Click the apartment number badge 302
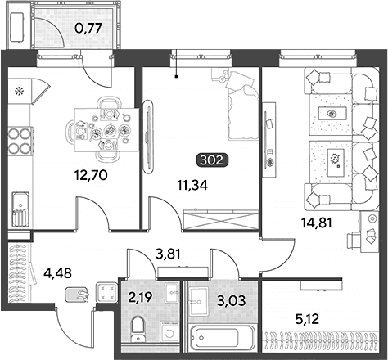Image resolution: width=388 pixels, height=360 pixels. coord(212,160)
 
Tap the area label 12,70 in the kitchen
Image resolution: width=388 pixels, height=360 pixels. coord(91,175)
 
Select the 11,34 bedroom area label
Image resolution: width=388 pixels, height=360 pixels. coord(192,186)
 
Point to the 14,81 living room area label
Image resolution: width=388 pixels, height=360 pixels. coord(317,223)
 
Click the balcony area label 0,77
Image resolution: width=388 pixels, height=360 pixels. coord(88,28)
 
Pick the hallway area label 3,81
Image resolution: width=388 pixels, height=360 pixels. coord(168,254)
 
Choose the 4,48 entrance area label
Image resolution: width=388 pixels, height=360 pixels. coord(58,272)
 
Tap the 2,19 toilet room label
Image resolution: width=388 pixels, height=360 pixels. coord(141,297)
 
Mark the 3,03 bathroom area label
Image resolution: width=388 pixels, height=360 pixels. coord(232,300)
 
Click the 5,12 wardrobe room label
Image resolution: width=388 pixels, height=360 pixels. coord(307,319)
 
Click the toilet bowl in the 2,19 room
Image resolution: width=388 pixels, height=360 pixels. coord(138,329)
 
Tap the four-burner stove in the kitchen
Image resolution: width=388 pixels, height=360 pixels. coord(20,141)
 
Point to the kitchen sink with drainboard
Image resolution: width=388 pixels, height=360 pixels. coord(20,209)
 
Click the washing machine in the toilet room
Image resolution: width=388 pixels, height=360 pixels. coord(169,331)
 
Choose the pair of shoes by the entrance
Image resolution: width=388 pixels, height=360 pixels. coord(77,295)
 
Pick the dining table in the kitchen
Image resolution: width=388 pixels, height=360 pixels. coord(107,130)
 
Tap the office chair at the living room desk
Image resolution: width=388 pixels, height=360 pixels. coord(354,240)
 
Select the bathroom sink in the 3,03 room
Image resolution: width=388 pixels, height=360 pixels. coord(198,301)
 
